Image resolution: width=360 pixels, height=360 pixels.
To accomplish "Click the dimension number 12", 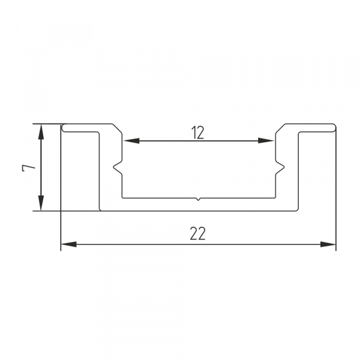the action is coord(197,133).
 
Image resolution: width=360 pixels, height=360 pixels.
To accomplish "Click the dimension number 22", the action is coord(197,233).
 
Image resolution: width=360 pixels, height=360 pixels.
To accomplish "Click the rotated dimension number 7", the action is coord(29,168).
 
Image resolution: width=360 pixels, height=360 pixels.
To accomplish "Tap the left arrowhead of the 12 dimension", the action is coord(131,141).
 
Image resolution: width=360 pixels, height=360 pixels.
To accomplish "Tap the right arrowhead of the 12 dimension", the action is coord(266,141).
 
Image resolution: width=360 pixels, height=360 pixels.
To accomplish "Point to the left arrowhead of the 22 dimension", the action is coord(69,244).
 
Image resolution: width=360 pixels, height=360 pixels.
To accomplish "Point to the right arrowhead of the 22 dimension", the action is coord(328,244).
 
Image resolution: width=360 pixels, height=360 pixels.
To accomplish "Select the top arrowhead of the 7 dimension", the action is coord(41,132).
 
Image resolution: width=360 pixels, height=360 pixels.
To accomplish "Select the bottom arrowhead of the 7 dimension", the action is coord(41,203).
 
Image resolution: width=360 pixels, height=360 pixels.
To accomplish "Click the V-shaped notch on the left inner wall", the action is coord(117,167).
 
